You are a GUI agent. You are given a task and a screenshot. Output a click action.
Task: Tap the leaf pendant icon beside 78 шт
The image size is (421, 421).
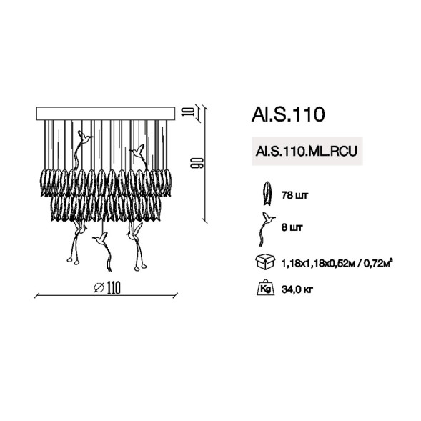269,192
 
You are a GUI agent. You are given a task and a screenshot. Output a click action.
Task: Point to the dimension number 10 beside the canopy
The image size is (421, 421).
186,112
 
